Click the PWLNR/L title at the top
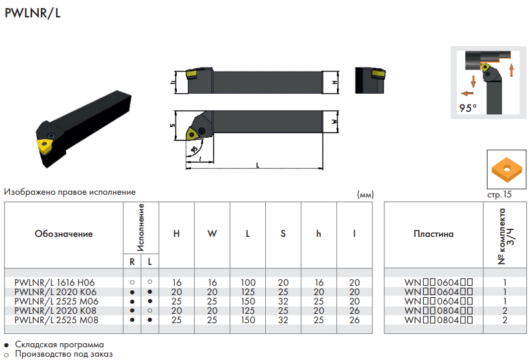tap(33, 13)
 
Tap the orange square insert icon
tap(507, 169)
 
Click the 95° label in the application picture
tap(467, 108)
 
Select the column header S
tap(283, 234)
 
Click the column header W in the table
tap(212, 234)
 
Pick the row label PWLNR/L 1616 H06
tap(54, 282)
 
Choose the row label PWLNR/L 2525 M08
tap(56, 320)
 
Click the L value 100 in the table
tap(248, 282)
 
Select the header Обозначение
tap(64, 234)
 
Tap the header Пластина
tap(433, 234)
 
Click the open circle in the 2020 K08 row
tap(150, 310)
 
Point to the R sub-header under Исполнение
tap(132, 262)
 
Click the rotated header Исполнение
tap(141, 228)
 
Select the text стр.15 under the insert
tap(499, 195)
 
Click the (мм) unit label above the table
tap(366, 195)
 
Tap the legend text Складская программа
tap(60, 345)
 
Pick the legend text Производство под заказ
tap(64, 354)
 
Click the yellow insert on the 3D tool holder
tap(44, 146)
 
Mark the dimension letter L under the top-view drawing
tap(258, 165)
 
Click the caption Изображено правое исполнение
tap(70, 192)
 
